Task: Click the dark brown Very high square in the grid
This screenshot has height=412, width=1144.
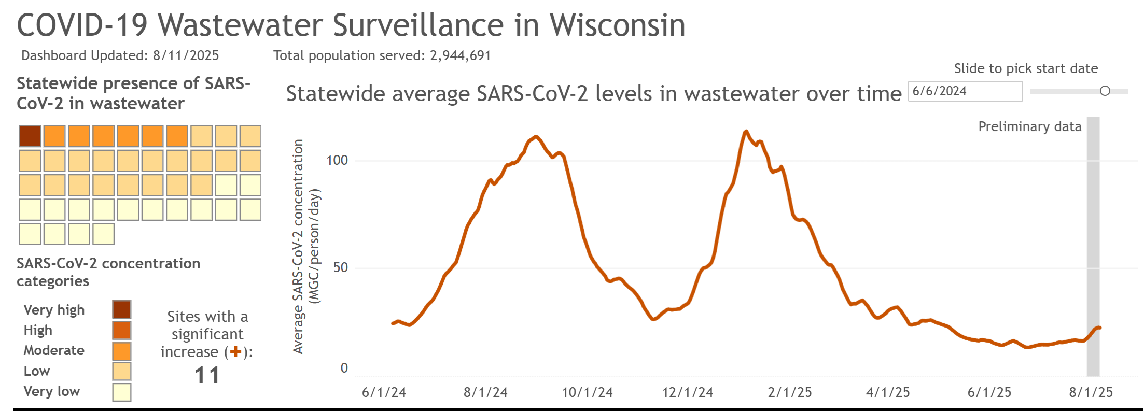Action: coord(30,136)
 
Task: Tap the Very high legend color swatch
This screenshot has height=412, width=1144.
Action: coord(122,309)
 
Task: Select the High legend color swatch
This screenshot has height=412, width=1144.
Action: coord(122,330)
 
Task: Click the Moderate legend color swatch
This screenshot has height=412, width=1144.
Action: coord(122,351)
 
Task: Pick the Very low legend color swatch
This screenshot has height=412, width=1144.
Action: coord(122,392)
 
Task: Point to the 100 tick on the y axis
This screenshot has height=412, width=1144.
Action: coord(337,160)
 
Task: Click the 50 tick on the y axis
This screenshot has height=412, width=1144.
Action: coord(340,267)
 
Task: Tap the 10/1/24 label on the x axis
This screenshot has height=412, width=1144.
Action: coord(587,392)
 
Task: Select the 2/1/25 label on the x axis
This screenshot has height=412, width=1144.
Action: coord(790,392)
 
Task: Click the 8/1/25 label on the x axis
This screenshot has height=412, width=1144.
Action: coord(1091,392)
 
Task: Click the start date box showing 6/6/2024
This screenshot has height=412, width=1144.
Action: coord(965,91)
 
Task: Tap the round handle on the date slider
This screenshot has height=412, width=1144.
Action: coord(1105,91)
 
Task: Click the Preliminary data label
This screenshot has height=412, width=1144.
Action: coord(1029,127)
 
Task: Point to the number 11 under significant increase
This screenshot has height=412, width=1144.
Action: coord(207,375)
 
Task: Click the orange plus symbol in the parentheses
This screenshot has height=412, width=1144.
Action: coord(236,352)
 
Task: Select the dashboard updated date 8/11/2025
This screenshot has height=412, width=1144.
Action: coord(186,55)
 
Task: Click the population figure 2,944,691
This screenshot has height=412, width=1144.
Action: coord(460,55)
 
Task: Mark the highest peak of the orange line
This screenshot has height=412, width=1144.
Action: coord(746,132)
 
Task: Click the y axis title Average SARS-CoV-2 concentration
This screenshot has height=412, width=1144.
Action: coord(298,246)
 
